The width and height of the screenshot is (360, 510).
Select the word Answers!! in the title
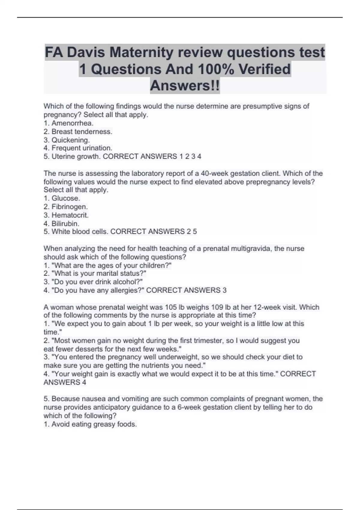point(185,86)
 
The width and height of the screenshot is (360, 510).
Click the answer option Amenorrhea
point(72,123)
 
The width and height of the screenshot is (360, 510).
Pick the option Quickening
point(70,140)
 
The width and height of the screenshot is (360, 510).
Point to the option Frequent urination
point(82,148)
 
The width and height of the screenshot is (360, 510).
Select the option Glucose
point(66,198)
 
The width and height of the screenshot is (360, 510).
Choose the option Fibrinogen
point(70,207)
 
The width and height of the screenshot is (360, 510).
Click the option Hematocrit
point(70,215)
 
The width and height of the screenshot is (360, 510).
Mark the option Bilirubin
point(65,223)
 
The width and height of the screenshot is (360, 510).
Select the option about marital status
point(99,274)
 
